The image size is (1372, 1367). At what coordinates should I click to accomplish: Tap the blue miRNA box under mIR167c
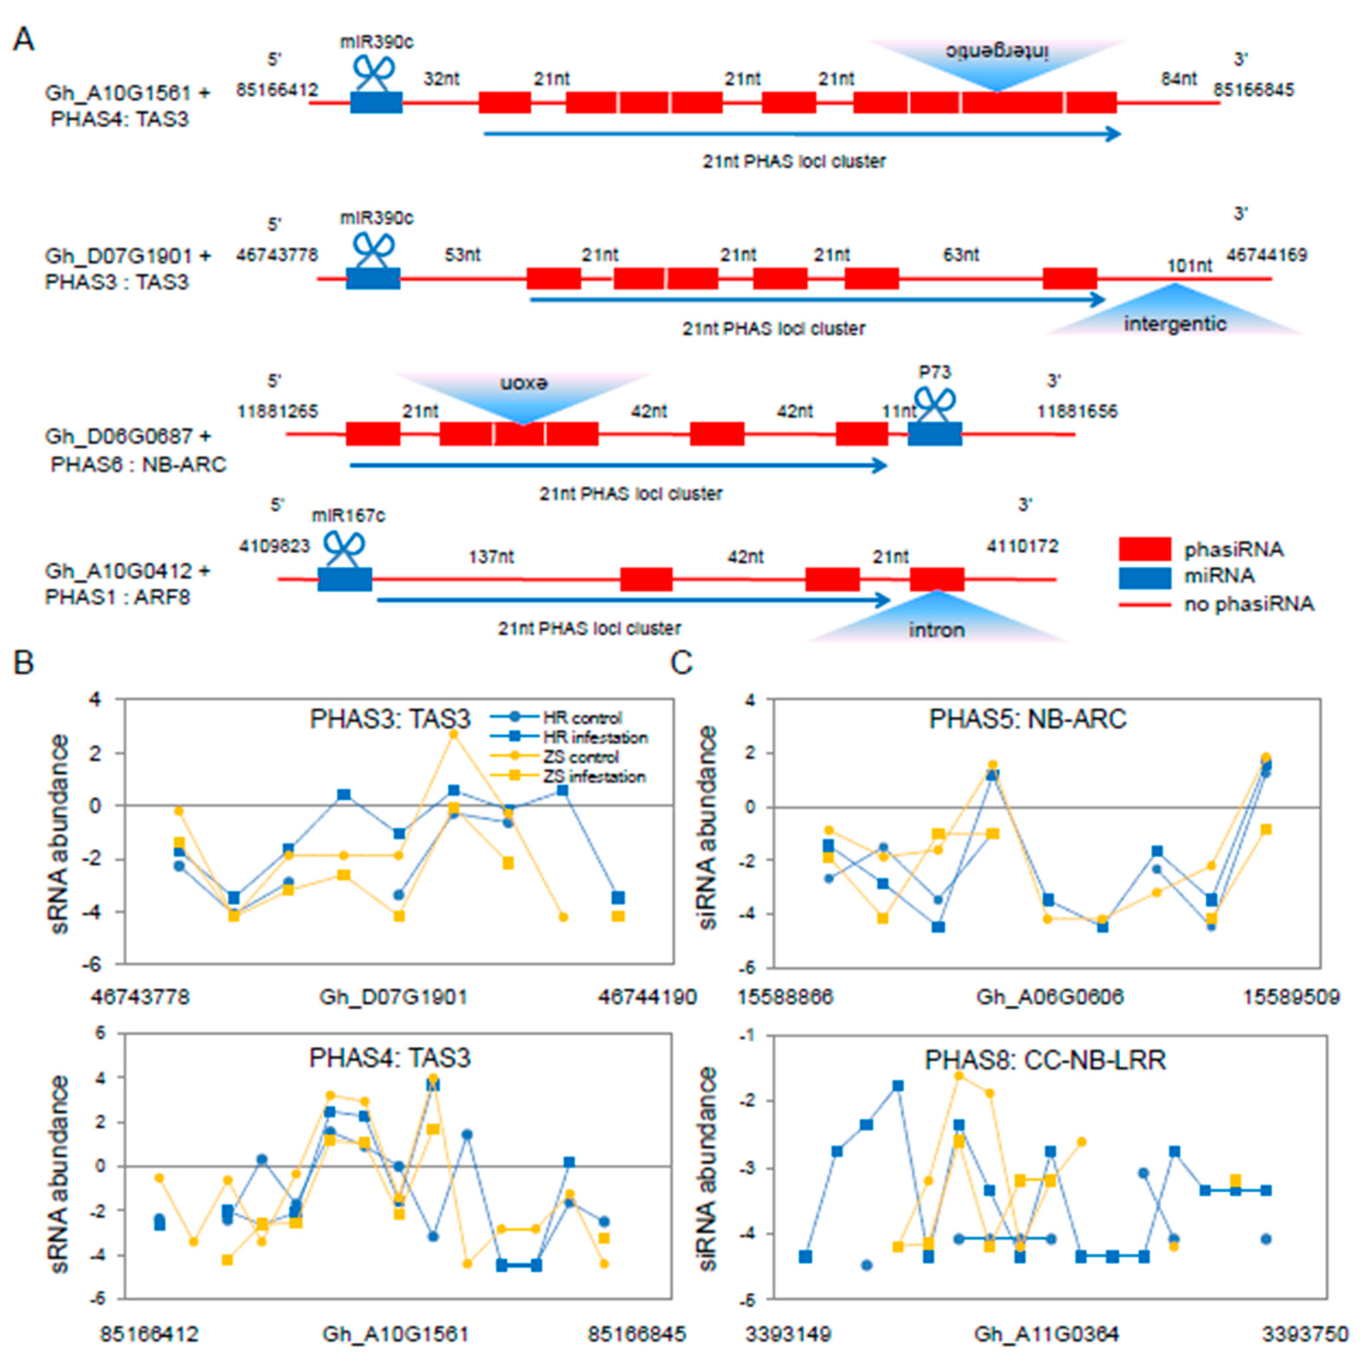pos(344,579)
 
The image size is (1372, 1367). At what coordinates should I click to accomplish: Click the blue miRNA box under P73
pos(935,433)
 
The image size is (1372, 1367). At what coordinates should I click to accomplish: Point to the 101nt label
pos(1190,266)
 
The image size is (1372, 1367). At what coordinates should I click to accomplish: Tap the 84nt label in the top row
pos(1179,79)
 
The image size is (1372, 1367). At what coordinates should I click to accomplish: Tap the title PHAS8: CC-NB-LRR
pos(1045,1060)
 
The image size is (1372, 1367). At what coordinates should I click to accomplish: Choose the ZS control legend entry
pos(580,757)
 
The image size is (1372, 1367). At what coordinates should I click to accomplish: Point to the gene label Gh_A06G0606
pos(1050,997)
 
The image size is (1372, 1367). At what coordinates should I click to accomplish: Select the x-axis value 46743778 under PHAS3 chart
pos(140,997)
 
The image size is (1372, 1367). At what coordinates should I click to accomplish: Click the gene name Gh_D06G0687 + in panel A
pos(128,436)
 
